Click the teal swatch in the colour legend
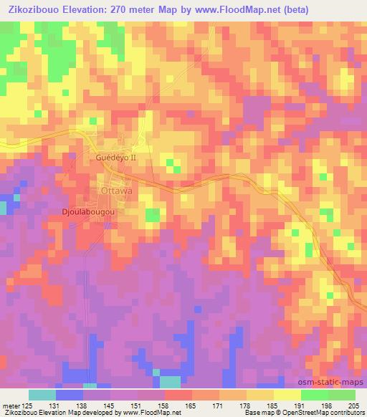click(x=42, y=395)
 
